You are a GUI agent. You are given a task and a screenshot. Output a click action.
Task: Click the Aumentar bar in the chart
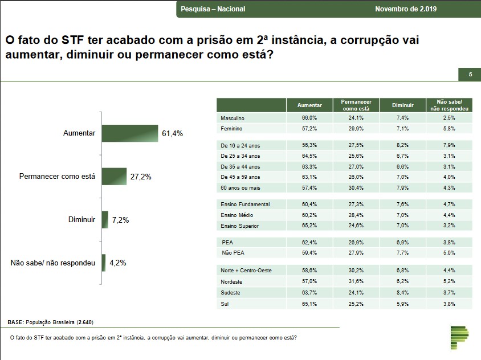point(130,134)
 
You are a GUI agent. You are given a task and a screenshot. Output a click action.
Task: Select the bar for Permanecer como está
point(114,177)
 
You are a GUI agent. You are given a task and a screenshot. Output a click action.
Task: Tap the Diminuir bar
point(105,219)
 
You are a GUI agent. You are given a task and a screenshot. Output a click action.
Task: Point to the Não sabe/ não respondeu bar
point(104,263)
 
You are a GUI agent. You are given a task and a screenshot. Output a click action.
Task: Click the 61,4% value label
point(172,134)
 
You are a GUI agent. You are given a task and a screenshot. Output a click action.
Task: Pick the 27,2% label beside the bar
point(141,177)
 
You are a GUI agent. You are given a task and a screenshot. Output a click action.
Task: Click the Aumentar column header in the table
point(309,105)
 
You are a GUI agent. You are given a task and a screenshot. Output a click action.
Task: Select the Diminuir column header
point(403,105)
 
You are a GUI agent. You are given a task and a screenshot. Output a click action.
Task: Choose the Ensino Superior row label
point(239,226)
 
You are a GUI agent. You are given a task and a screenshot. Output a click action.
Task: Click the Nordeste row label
point(232,281)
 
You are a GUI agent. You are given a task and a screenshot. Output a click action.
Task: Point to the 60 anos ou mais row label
point(240,188)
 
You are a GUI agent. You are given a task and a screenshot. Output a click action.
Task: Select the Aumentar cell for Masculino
point(309,118)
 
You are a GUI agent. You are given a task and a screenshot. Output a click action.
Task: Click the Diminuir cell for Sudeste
point(403,292)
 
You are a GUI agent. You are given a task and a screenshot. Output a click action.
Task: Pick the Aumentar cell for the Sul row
point(309,303)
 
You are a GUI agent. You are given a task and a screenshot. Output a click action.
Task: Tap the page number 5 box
point(470,75)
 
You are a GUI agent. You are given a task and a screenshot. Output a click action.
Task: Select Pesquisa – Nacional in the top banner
point(205,9)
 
